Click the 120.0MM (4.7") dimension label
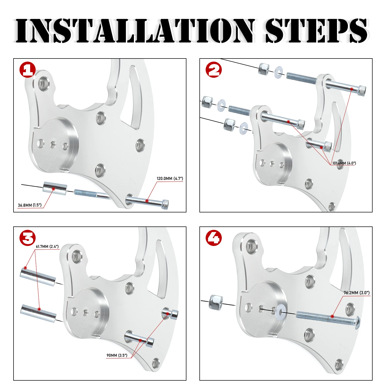170,179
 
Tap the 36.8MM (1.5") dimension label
30,205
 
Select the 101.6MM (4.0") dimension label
344,163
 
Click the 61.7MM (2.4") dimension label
47,246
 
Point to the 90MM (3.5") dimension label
117,355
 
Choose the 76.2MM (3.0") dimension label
356,293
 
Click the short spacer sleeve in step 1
55,188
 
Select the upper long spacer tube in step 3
38,277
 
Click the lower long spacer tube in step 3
38,313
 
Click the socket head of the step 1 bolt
165,204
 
